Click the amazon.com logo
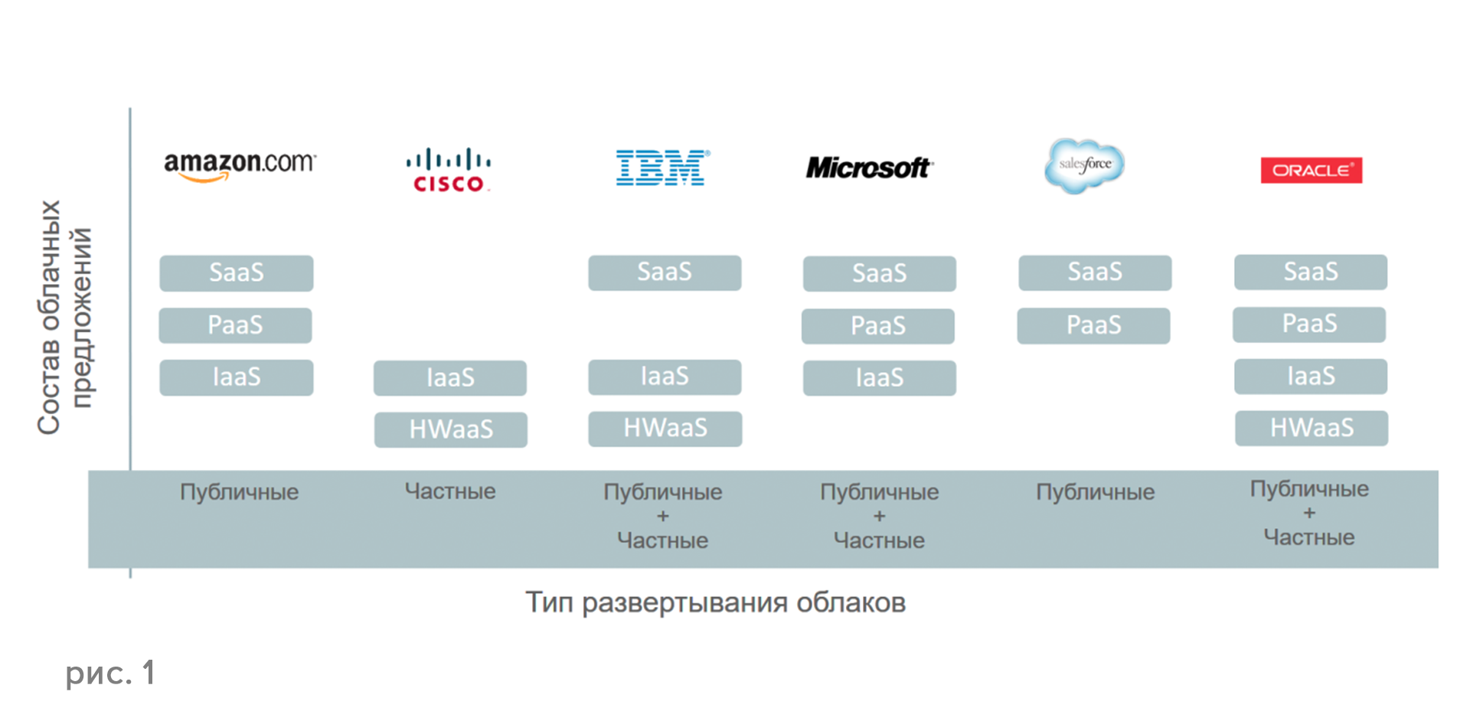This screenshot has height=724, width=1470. [x=240, y=165]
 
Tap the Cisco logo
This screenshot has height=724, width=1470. [x=449, y=170]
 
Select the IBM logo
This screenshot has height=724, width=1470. [x=662, y=168]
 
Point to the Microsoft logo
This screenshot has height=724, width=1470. [x=868, y=168]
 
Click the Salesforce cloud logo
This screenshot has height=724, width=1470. [x=1085, y=165]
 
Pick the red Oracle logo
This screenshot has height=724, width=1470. [x=1311, y=170]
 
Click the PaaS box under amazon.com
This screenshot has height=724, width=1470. [x=235, y=325]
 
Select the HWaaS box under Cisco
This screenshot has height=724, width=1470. [x=450, y=429]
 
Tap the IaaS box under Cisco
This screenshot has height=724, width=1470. [x=450, y=377]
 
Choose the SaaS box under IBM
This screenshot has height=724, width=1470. [x=665, y=272]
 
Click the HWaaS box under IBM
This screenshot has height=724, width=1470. [x=665, y=429]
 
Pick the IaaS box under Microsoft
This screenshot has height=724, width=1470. [x=879, y=377]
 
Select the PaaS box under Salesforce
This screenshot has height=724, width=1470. [x=1093, y=325]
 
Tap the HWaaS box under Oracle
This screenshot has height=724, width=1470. [x=1311, y=428]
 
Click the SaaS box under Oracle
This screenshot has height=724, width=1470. [x=1310, y=272]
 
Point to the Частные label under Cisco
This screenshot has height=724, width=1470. [x=450, y=491]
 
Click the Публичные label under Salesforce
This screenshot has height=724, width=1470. [x=1095, y=492]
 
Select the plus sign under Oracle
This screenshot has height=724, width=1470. [x=1309, y=513]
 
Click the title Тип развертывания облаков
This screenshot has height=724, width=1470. [x=715, y=603]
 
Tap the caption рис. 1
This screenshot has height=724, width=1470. [x=110, y=673]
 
